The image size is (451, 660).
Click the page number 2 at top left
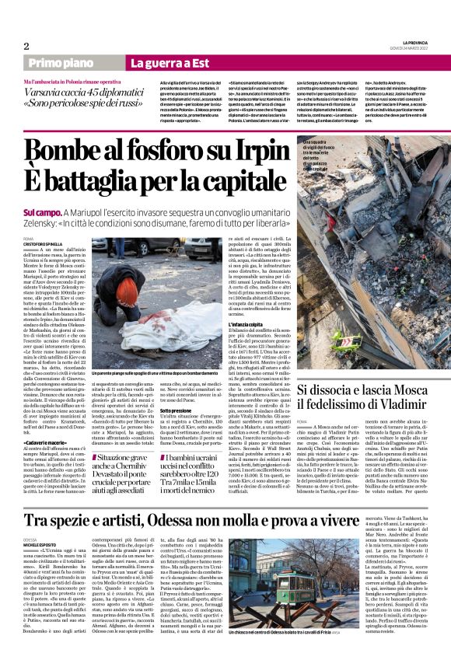tap(26, 45)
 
